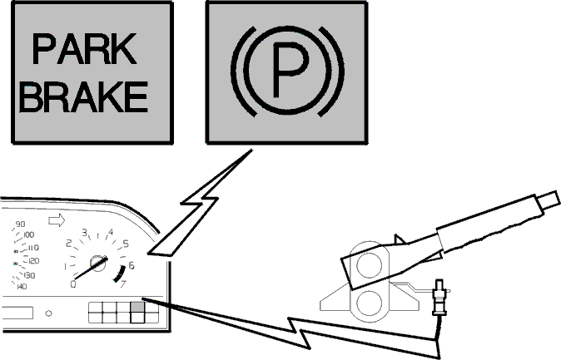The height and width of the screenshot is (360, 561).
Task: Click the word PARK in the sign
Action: coord(84,49)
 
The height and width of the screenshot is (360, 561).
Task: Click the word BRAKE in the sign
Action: coord(84,96)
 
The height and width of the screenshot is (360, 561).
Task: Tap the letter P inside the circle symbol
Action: coord(290,70)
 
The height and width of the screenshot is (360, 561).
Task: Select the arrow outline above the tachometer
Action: coord(57,220)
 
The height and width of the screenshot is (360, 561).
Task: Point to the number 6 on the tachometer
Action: coord(132,265)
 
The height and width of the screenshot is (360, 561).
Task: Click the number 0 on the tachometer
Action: coord(73,284)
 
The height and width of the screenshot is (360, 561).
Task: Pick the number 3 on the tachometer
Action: coord(84,233)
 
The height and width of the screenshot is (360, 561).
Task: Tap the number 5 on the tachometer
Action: coord(126,244)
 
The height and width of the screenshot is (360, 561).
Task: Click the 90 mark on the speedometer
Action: coord(20,224)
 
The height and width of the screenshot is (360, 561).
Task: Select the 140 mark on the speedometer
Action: coord(22,286)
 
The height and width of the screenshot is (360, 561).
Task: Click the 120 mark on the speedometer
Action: coord(33,261)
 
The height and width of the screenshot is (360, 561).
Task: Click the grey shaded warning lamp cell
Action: coord(137,307)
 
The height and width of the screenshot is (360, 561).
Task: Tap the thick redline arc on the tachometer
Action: coord(121,274)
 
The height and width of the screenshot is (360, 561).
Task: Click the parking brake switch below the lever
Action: coord(439,298)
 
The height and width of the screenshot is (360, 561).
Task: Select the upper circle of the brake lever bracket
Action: coord(369,265)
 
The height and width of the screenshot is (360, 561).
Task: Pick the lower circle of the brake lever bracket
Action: coord(369,303)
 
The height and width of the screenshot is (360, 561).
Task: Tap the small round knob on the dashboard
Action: coord(48,313)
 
